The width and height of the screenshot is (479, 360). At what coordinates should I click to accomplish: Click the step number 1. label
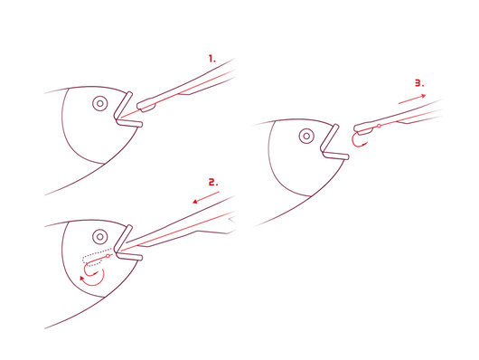pyautogui.click(x=211, y=59)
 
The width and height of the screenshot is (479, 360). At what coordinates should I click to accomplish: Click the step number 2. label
pyautogui.click(x=213, y=183)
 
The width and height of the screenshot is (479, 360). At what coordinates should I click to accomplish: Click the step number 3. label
pyautogui.click(x=419, y=83)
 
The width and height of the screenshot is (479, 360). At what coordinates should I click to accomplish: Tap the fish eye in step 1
pyautogui.click(x=100, y=104)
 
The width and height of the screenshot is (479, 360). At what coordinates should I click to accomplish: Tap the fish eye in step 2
pyautogui.click(x=100, y=236)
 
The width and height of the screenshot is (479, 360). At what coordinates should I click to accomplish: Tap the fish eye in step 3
pyautogui.click(x=306, y=136)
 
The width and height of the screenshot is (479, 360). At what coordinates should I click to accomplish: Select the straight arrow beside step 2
pyautogui.click(x=206, y=197)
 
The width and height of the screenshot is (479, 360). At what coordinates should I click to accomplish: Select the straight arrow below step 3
pyautogui.click(x=412, y=99)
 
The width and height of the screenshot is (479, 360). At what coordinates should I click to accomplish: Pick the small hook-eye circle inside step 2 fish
pyautogui.click(x=108, y=256)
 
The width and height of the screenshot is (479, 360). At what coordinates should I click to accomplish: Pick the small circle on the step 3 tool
pyautogui.click(x=379, y=126)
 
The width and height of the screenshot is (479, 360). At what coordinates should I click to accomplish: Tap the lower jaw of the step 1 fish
pyautogui.click(x=129, y=122)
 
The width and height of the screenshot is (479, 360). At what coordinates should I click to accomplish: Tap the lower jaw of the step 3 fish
pyautogui.click(x=335, y=155)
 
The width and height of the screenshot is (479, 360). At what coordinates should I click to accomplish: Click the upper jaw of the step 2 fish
pyautogui.click(x=123, y=238)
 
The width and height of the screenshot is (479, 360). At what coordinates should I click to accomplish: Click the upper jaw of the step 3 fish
pyautogui.click(x=330, y=137)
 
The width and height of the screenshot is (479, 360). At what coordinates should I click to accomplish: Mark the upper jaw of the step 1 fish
pyautogui.click(x=123, y=105)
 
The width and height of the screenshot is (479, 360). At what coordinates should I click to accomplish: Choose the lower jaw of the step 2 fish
pyautogui.click(x=129, y=256)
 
